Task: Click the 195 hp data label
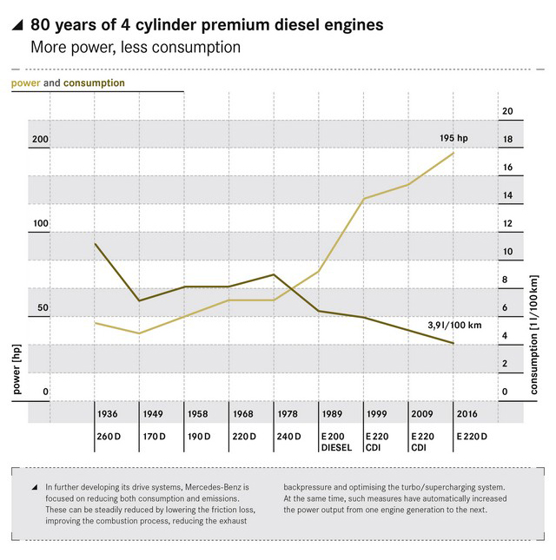(453, 138)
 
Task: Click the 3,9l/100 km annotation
(454, 325)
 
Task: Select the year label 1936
(109, 414)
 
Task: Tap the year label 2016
(467, 414)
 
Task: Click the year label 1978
(288, 414)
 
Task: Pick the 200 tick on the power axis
(41, 140)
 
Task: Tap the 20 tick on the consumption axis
(508, 111)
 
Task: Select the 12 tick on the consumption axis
(508, 223)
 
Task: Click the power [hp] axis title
(17, 369)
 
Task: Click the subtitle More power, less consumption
(135, 47)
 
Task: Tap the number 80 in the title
(40, 26)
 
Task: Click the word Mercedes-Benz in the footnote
(219, 487)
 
